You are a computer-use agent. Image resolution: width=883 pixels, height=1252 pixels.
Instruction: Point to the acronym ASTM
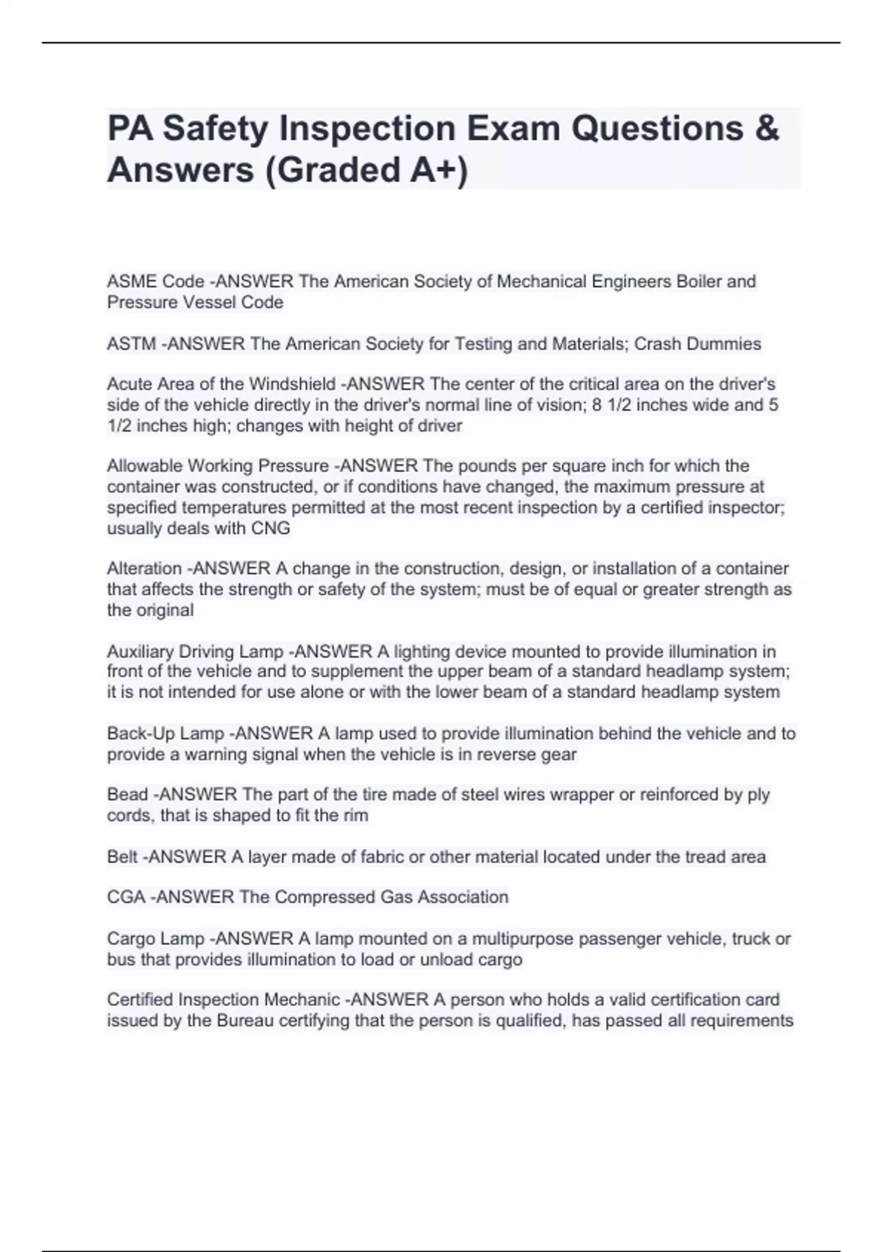(x=131, y=344)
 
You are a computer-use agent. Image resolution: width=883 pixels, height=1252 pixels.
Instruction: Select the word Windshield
(x=292, y=384)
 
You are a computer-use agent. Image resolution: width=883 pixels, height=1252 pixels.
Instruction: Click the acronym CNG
(x=271, y=528)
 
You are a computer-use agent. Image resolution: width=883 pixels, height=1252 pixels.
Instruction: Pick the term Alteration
(x=144, y=569)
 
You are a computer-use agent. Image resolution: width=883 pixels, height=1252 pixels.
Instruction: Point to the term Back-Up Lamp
(x=166, y=734)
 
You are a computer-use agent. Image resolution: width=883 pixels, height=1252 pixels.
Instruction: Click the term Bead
(x=127, y=795)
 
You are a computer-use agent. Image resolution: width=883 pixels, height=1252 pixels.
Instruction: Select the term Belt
(x=122, y=857)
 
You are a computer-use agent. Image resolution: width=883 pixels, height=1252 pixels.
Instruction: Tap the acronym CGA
(x=126, y=897)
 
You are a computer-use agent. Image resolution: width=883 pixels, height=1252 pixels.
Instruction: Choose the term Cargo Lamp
(x=156, y=939)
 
